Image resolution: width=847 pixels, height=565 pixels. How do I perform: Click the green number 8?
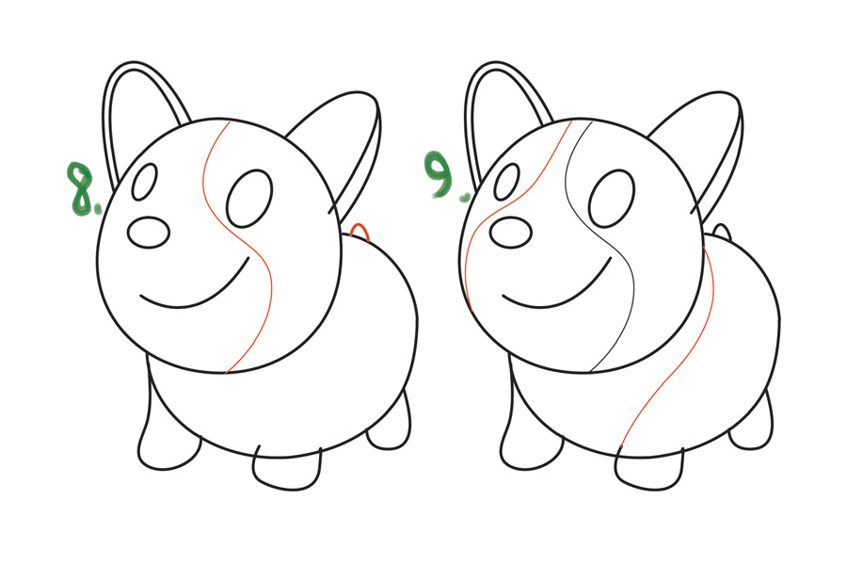[x=81, y=189]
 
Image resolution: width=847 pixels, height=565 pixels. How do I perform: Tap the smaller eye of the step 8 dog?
[x=144, y=182]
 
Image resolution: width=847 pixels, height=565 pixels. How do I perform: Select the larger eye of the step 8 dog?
[x=249, y=198]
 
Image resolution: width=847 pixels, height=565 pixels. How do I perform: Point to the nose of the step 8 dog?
[x=149, y=233]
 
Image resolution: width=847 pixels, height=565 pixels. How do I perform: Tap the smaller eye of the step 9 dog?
[x=506, y=182]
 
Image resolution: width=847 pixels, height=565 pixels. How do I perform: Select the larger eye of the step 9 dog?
[x=612, y=198]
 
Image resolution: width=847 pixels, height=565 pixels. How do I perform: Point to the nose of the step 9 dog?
[x=511, y=233]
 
